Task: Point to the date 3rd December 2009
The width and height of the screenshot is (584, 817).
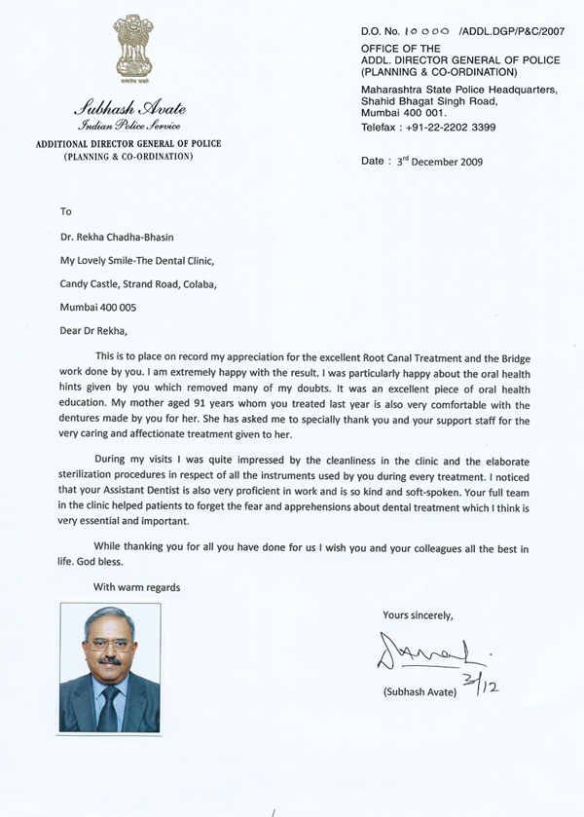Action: click(x=435, y=162)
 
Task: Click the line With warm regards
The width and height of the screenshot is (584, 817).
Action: click(x=136, y=587)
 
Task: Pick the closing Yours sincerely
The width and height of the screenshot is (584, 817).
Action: click(x=418, y=615)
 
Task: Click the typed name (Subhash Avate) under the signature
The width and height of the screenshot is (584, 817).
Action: click(x=419, y=691)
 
